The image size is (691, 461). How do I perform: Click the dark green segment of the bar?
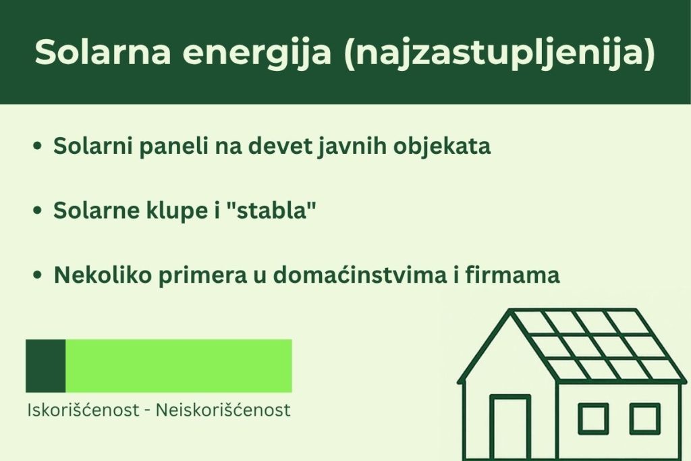coord(45,366)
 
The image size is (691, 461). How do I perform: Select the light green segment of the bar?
coord(178,366)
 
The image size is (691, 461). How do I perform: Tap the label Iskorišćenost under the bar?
coord(80,410)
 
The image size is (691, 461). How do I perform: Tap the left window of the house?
coord(592,418)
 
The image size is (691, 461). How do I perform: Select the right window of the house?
coord(644,418)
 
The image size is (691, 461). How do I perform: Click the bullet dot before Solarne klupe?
coord(38,211)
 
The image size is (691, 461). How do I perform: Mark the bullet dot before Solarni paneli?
coord(38,146)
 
